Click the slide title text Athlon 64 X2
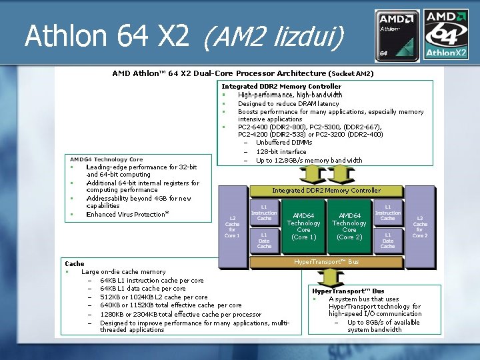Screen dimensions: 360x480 click(x=107, y=36)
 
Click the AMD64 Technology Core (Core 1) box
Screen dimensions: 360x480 click(x=303, y=226)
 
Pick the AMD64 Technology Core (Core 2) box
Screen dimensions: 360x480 click(x=349, y=226)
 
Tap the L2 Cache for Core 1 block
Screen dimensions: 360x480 click(x=232, y=227)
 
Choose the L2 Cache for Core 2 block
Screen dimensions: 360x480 click(x=420, y=227)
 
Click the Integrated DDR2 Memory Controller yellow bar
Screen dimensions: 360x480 click(x=326, y=190)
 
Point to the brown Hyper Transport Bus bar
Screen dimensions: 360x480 click(x=326, y=262)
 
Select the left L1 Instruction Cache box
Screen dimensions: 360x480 click(x=264, y=213)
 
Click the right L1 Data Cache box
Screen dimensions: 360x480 click(x=387, y=239)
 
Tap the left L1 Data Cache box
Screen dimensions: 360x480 click(x=264, y=239)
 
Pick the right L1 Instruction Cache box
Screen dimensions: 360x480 click(x=387, y=213)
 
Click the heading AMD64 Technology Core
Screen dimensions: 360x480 click(x=107, y=159)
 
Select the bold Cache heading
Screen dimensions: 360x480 click(x=75, y=264)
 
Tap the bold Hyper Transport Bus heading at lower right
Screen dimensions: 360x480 click(x=348, y=291)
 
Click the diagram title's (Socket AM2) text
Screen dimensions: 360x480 click(x=351, y=73)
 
